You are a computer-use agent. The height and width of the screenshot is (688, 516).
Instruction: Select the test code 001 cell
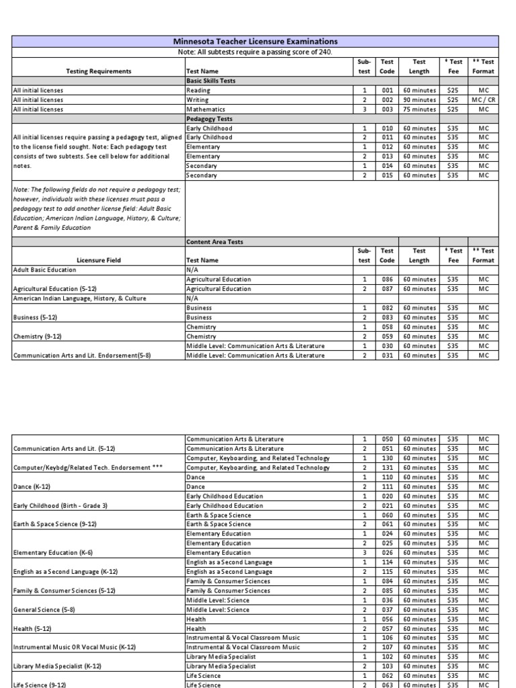click(386, 90)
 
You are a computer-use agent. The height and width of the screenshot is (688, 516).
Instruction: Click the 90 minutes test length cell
click(419, 99)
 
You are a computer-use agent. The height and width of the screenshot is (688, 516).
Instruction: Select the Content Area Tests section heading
click(214, 241)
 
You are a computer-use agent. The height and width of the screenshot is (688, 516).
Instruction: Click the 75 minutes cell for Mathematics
click(419, 109)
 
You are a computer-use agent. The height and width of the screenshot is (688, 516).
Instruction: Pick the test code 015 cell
click(386, 175)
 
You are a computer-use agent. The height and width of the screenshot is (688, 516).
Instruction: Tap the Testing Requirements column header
click(99, 71)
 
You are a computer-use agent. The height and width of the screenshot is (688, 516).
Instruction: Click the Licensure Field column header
click(99, 260)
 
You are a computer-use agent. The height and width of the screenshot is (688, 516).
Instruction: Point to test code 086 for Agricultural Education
click(386, 279)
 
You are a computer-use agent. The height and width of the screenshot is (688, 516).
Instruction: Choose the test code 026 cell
click(386, 552)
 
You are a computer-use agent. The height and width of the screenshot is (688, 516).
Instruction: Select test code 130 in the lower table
click(386, 458)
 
